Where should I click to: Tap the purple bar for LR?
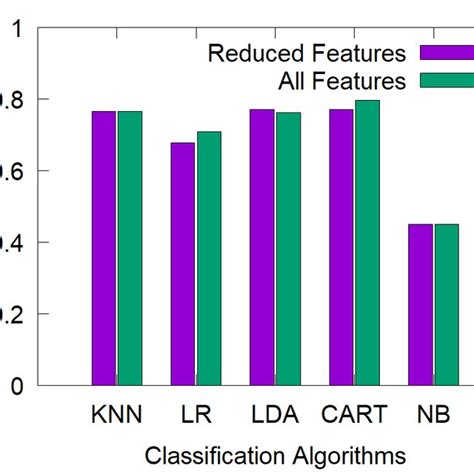pos(183,264)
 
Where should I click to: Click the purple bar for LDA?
pos(262,247)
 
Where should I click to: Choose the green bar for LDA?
pos(288,249)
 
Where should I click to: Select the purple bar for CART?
pos(341,247)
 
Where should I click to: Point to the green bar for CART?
pos(367,242)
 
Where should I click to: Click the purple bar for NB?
pos(420,305)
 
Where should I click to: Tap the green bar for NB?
pos(446,305)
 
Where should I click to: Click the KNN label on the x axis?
pos(117,415)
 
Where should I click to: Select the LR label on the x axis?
pos(196,415)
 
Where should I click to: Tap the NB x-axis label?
pos(433,415)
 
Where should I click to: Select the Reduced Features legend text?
pos(306,53)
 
